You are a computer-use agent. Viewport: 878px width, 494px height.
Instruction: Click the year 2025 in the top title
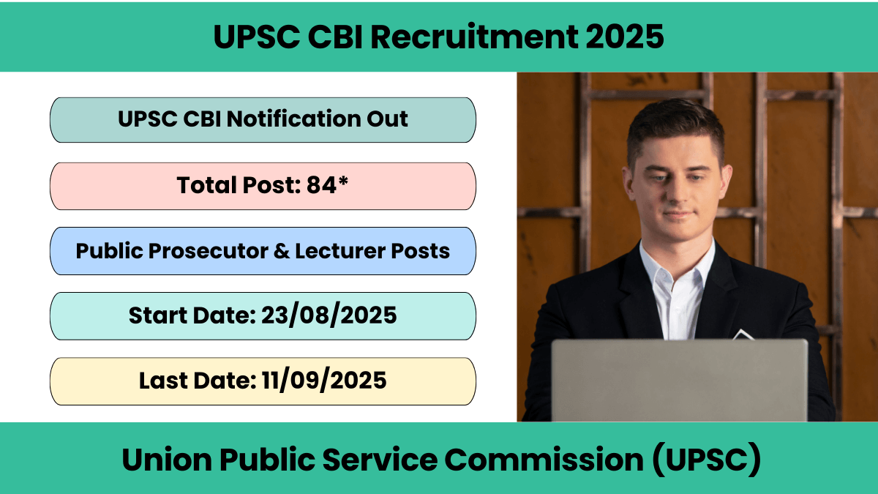point(624,37)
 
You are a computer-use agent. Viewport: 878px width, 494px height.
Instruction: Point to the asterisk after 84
point(343,181)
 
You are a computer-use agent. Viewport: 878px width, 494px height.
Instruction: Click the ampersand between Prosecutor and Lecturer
point(282,251)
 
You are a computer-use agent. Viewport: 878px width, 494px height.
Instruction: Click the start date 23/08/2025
point(329,315)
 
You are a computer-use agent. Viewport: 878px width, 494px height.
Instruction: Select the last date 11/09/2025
point(323,381)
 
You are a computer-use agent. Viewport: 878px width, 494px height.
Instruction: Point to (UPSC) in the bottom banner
point(706,459)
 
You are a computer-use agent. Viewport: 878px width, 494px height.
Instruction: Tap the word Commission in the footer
point(544,459)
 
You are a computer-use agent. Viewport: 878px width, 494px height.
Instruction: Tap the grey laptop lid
point(679,380)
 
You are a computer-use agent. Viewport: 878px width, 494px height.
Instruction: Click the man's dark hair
point(674,125)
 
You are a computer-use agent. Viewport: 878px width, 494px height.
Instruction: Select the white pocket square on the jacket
point(743,334)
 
